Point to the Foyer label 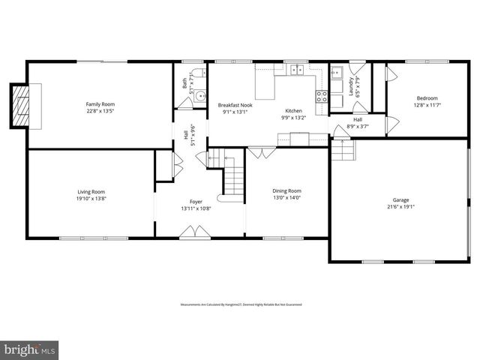coord(196,201)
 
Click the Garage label coord(400,200)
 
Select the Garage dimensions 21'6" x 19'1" coord(400,208)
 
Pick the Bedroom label coord(427,98)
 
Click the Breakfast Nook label coord(235,105)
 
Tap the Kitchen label coord(293,110)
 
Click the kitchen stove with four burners coord(322,95)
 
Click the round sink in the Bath coord(200,95)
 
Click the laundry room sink coord(337,73)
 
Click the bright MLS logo coord(29,349)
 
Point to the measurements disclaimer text coord(239,304)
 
